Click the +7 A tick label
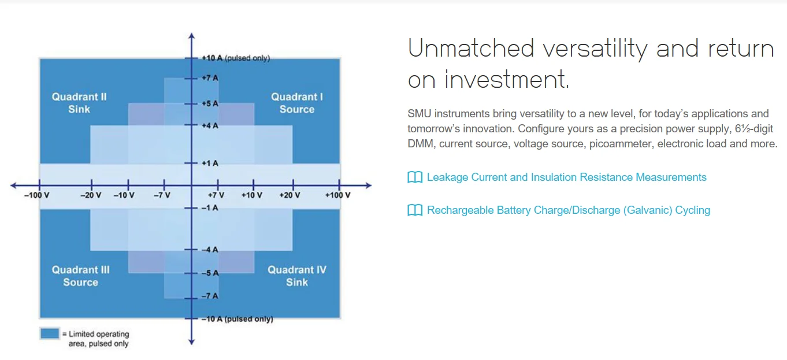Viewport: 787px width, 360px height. coord(210,78)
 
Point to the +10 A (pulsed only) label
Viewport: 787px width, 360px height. coord(235,58)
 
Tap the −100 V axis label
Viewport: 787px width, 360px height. coord(36,195)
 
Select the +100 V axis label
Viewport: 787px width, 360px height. coord(337,195)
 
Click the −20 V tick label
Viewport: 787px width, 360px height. coord(91,195)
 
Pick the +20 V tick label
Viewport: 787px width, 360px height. coord(289,195)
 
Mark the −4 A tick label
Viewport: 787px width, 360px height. coord(210,250)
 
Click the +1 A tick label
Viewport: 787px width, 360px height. coord(210,164)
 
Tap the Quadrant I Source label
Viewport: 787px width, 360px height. coord(297,103)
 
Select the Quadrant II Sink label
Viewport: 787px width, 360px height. coord(79,103)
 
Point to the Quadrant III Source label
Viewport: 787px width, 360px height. coord(80,276)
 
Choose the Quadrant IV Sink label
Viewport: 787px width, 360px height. coord(297,276)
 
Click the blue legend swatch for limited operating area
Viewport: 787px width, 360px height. coord(50,333)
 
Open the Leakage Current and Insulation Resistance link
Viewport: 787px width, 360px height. coord(566,177)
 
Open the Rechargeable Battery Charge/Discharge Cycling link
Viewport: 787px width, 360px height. coord(568,210)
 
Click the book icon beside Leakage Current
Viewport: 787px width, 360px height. coord(415,177)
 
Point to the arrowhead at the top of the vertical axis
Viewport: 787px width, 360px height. coord(192,36)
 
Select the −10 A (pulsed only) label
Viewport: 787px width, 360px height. coord(237,319)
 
